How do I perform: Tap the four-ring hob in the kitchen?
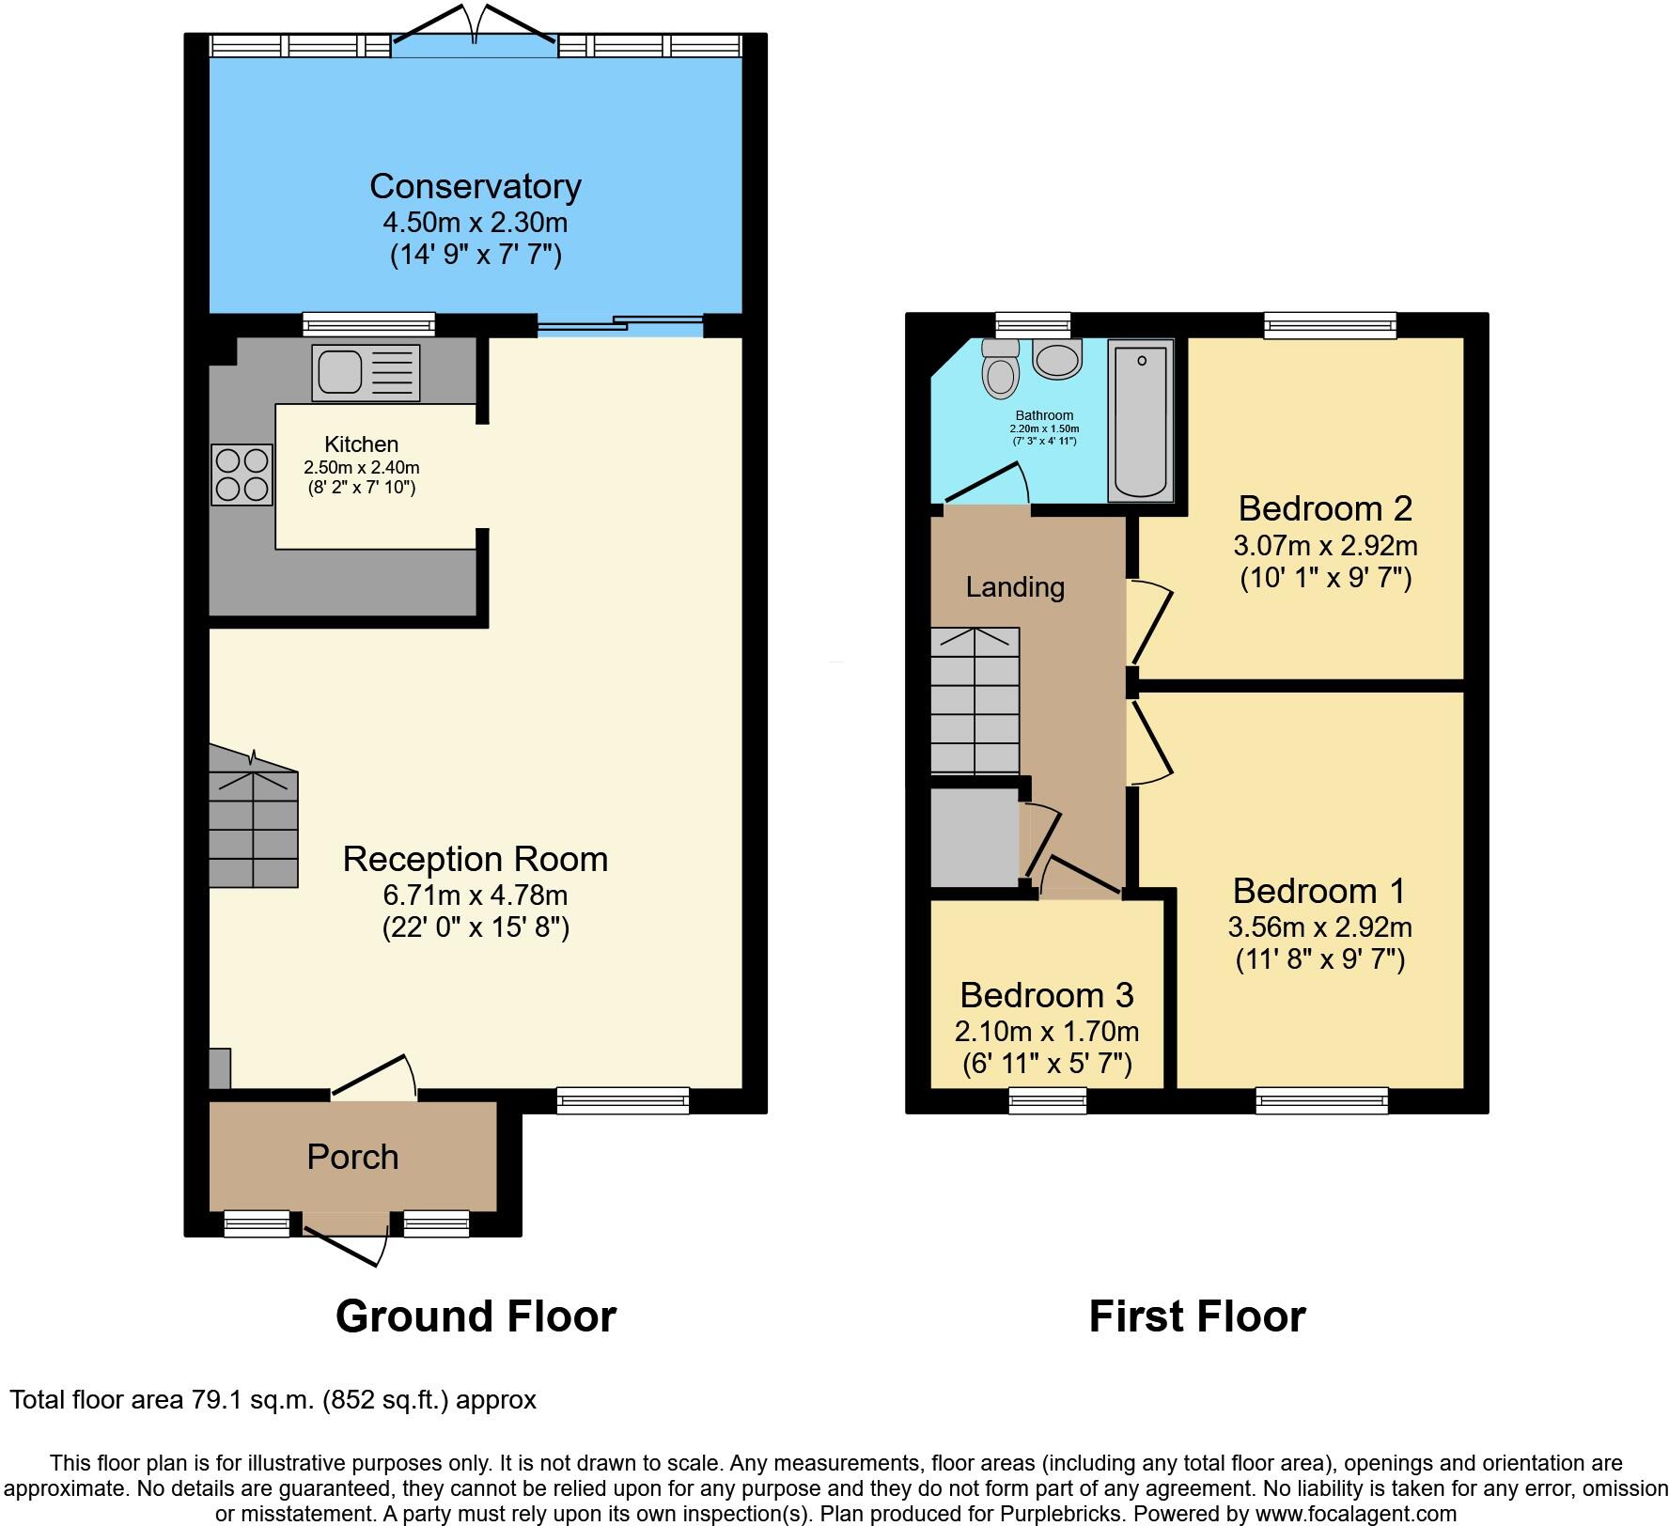(x=242, y=475)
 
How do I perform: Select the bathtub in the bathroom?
(x=1141, y=421)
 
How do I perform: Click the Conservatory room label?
(x=475, y=186)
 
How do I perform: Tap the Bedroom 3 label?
(x=1046, y=994)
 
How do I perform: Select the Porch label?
(x=352, y=1157)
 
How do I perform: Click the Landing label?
(x=1015, y=587)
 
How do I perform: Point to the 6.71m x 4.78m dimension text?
(x=475, y=895)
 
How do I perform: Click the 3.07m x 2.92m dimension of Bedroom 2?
(x=1325, y=545)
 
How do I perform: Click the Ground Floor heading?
(x=476, y=1316)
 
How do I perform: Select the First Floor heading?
(x=1196, y=1316)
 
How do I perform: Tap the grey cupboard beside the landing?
(x=975, y=836)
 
